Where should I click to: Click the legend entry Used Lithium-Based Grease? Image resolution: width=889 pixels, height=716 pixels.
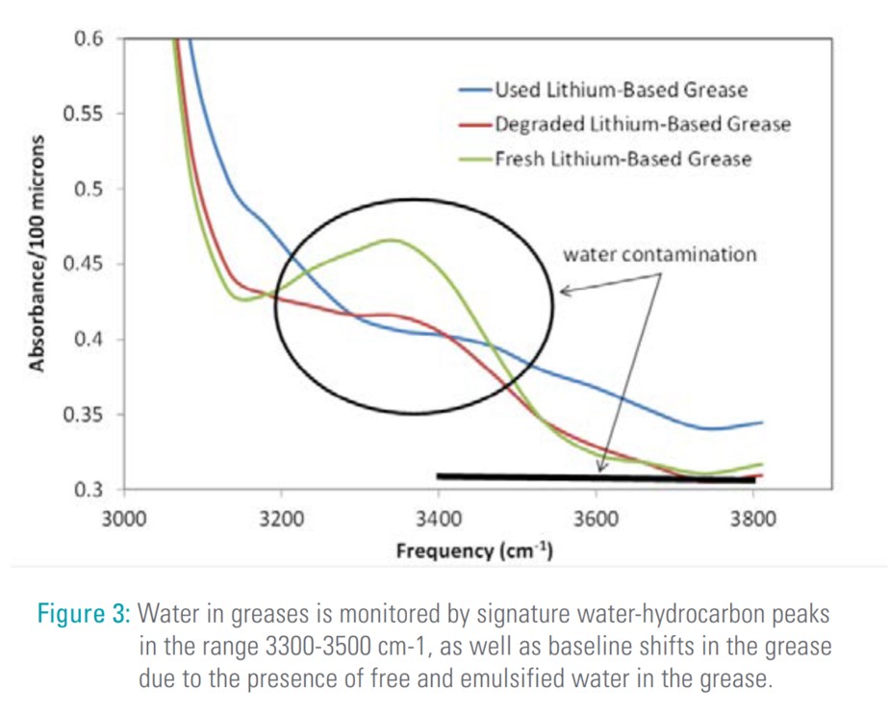click(x=621, y=90)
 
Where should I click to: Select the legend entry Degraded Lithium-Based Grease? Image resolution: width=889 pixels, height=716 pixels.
click(x=642, y=124)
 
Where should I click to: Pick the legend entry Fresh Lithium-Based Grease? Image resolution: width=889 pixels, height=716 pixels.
click(x=622, y=159)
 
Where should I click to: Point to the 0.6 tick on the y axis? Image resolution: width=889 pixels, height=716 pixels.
click(x=89, y=39)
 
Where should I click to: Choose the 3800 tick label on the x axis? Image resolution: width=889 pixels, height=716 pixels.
click(x=753, y=521)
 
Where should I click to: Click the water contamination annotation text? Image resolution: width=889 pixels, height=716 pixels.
click(x=660, y=255)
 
